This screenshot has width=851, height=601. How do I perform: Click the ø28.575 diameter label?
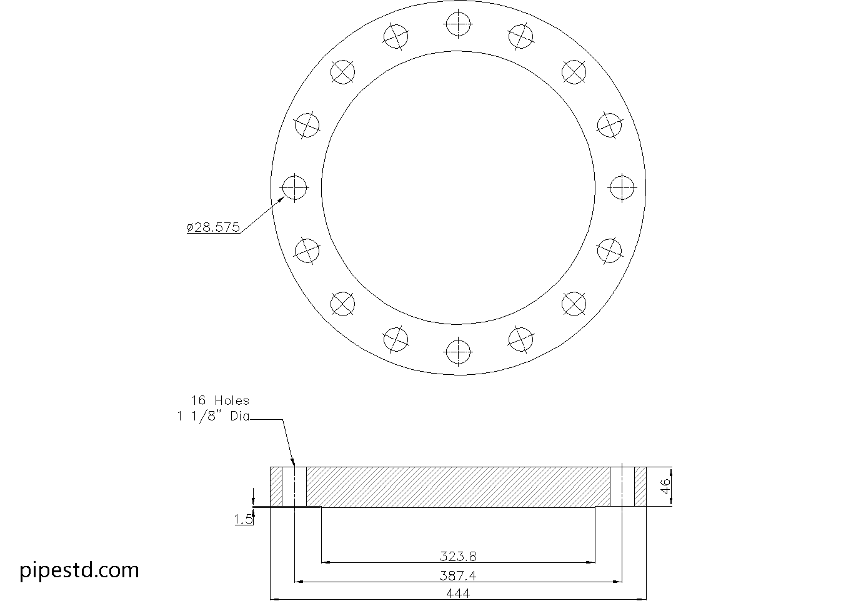214,227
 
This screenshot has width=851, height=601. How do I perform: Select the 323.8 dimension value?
458,555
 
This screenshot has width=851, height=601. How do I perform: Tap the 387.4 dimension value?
458,575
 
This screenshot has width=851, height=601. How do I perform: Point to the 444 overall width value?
458,594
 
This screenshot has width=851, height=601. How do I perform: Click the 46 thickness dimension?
665,487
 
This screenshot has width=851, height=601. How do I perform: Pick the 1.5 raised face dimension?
244,519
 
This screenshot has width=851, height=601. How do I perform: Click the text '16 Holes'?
220,400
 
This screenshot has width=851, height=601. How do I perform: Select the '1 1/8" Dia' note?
213,417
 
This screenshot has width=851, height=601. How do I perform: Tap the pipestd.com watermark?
79,570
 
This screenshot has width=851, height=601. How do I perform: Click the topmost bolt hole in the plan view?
458,24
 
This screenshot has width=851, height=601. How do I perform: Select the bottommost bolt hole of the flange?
458,352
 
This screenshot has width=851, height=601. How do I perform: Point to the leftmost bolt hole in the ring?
294,187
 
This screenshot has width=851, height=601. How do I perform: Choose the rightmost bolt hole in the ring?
622,187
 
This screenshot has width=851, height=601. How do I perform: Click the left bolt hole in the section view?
294,487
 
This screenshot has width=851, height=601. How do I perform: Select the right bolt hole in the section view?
622,487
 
